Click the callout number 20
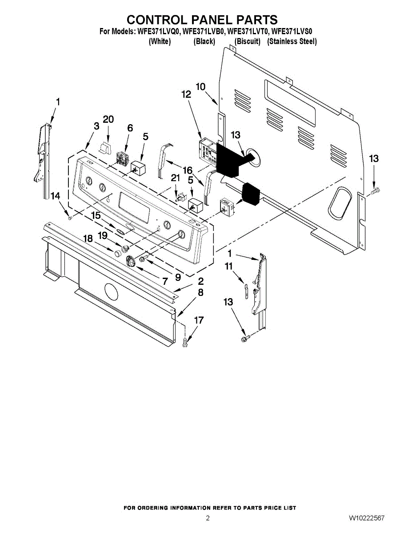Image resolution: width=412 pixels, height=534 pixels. click(108, 119)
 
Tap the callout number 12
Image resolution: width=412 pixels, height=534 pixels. click(186, 94)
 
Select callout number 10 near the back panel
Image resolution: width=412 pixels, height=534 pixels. click(200, 86)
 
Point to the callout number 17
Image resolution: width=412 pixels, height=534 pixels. click(199, 320)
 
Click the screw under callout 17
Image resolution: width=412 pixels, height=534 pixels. click(186, 343)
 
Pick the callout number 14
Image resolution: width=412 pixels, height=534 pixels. click(55, 195)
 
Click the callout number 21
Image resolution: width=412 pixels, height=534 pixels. click(176, 178)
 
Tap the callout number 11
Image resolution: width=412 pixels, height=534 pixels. click(229, 267)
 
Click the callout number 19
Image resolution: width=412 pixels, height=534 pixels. click(103, 235)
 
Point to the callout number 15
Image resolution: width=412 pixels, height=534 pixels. click(96, 215)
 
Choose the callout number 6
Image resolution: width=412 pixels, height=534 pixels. click(130, 128)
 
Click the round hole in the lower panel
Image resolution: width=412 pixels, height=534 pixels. click(111, 293)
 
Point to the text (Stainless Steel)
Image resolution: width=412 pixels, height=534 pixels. click(292, 41)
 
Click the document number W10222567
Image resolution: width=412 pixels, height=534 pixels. click(367, 518)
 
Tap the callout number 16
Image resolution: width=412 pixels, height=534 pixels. click(187, 170)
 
